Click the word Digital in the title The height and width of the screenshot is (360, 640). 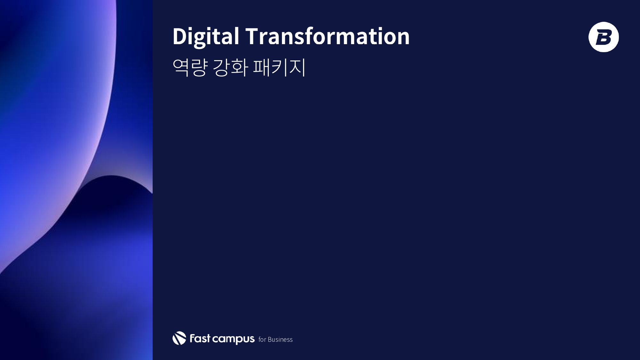pos(206,36)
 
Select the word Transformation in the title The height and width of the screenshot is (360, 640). pos(327,36)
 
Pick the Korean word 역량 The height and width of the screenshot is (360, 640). pos(190,67)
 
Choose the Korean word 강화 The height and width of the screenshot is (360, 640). pos(230,67)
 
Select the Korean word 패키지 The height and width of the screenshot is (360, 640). pos(279,67)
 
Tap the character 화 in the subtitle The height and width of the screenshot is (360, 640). pos(239,67)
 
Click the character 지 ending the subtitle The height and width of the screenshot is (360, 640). pos(297,67)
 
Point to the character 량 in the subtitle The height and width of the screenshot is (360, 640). pos(199,67)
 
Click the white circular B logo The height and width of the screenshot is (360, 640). pos(604,37)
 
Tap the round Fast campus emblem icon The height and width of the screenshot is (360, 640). pos(179,338)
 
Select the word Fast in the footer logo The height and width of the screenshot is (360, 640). pos(200,338)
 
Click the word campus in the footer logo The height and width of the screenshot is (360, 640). pos(234,339)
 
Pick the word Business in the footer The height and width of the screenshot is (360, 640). pos(280,340)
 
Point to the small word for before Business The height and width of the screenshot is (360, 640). pos(262,340)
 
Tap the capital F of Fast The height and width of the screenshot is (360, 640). pos(193,338)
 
